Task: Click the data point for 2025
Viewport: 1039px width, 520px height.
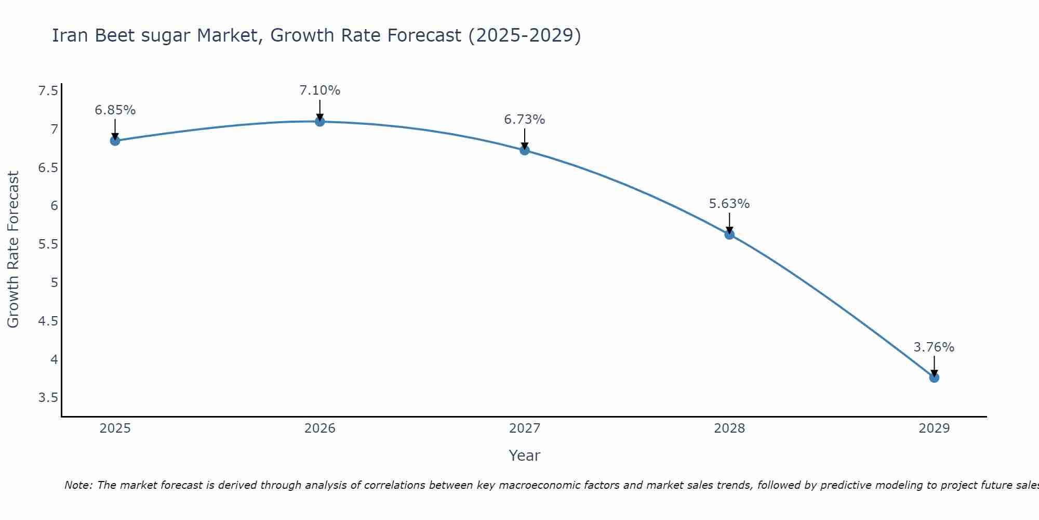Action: [115, 140]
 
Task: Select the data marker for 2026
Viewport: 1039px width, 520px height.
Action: [320, 121]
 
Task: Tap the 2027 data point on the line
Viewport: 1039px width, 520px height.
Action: [525, 150]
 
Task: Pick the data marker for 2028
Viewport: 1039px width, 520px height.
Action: [729, 234]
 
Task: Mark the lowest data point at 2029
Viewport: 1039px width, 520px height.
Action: [934, 378]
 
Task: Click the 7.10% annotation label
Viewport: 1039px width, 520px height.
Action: [320, 90]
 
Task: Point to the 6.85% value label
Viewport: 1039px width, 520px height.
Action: [115, 110]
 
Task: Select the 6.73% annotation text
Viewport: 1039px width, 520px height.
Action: [525, 120]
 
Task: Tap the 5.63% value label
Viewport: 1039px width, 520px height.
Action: [729, 204]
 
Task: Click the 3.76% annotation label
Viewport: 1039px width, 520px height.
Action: [934, 347]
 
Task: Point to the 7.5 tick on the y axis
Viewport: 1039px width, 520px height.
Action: [48, 92]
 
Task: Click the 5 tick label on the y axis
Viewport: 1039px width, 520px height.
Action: [54, 283]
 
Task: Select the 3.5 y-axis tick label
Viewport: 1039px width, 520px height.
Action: [48, 398]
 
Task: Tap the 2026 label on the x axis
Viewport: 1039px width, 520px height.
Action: [320, 428]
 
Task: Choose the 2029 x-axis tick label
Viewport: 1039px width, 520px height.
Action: [934, 428]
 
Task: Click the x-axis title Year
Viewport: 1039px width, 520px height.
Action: [525, 456]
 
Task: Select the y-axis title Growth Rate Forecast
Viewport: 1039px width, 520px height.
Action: [14, 250]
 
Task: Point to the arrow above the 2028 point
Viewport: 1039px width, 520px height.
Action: [729, 223]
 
